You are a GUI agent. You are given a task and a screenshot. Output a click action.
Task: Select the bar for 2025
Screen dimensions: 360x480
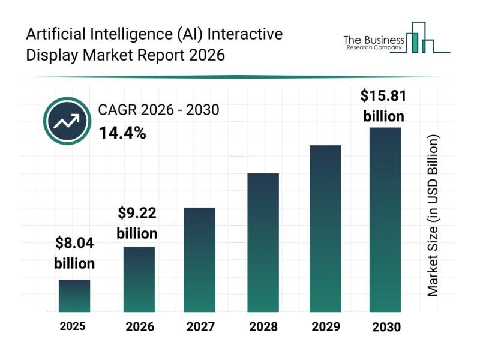pyautogui.click(x=74, y=296)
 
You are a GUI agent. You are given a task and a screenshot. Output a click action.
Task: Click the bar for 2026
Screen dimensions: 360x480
pyautogui.click(x=139, y=279)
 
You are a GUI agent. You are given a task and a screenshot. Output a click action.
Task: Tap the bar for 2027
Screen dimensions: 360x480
pyautogui.click(x=199, y=260)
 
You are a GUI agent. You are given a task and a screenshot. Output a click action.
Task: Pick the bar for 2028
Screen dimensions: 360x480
pyautogui.click(x=263, y=242)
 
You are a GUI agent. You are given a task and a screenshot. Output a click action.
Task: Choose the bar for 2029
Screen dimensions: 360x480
pyautogui.click(x=325, y=229)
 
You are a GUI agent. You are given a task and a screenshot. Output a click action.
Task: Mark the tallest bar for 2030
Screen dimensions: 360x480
pyautogui.click(x=385, y=220)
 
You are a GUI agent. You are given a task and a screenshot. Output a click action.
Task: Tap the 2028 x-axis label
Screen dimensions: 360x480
pyautogui.click(x=263, y=327)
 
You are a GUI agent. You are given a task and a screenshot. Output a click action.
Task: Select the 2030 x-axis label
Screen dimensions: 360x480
pyautogui.click(x=386, y=327)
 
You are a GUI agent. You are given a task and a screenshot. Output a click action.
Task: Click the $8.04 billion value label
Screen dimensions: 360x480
pyautogui.click(x=74, y=253)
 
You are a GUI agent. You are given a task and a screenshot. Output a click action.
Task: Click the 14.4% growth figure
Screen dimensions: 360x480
pyautogui.click(x=122, y=133)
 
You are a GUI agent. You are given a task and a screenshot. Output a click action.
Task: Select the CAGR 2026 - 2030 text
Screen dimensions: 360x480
pyautogui.click(x=158, y=110)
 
